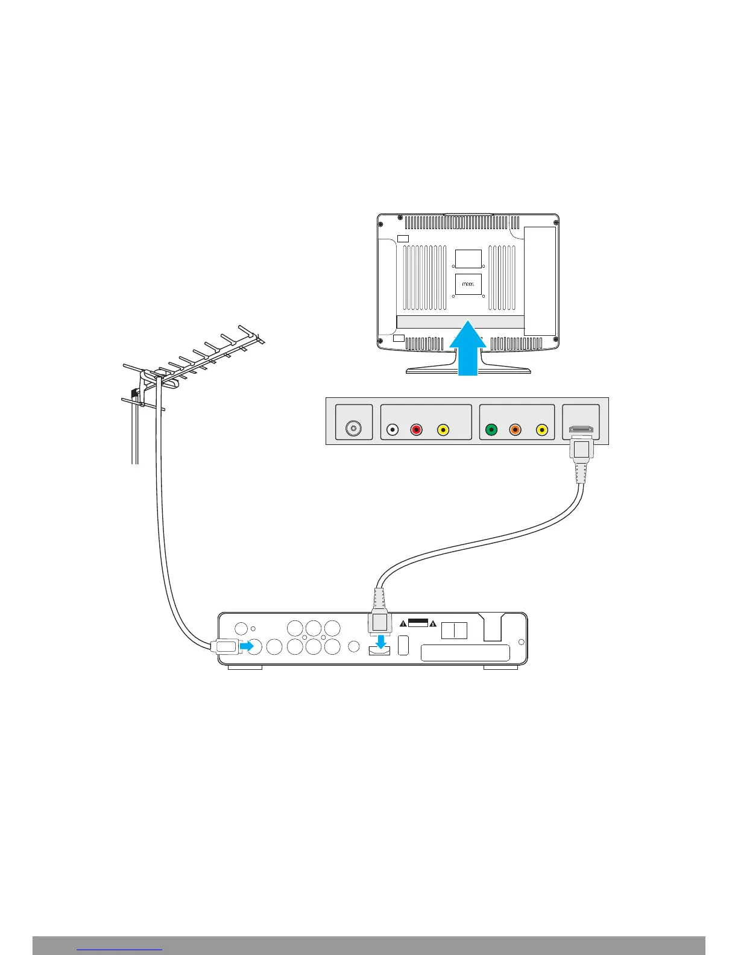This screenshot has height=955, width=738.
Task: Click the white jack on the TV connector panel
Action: (393, 430)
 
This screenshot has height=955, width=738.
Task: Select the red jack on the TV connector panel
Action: (416, 430)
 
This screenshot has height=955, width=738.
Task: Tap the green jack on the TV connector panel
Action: (491, 430)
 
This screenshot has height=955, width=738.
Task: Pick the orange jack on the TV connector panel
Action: (515, 430)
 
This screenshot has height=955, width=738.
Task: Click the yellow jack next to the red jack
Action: (443, 430)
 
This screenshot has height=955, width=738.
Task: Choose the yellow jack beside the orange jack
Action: (542, 430)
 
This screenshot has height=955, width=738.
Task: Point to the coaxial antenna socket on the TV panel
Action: (354, 429)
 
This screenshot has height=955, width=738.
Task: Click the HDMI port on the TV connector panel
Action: (581, 430)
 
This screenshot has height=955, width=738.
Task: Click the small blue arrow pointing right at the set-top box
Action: (247, 646)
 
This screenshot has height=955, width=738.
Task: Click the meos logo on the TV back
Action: (468, 284)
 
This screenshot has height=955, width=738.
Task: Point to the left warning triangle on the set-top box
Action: (403, 623)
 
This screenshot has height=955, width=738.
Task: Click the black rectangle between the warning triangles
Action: (418, 622)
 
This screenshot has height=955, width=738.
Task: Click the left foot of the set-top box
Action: (245, 667)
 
